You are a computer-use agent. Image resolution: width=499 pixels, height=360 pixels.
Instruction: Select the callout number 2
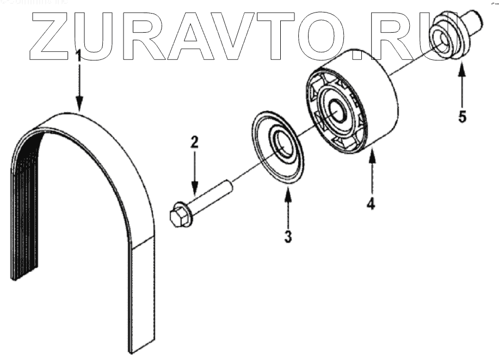click(x=194, y=143)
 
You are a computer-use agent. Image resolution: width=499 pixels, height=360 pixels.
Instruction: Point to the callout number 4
click(x=371, y=204)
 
